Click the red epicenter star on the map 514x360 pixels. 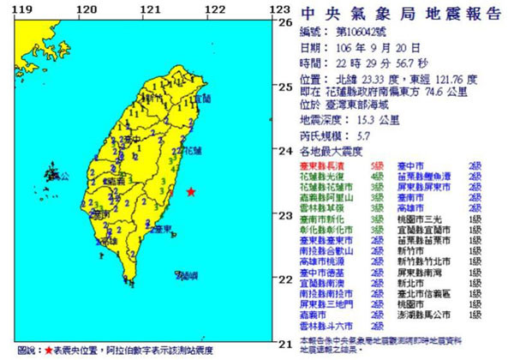(191, 191)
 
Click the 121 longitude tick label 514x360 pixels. (152, 9)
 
